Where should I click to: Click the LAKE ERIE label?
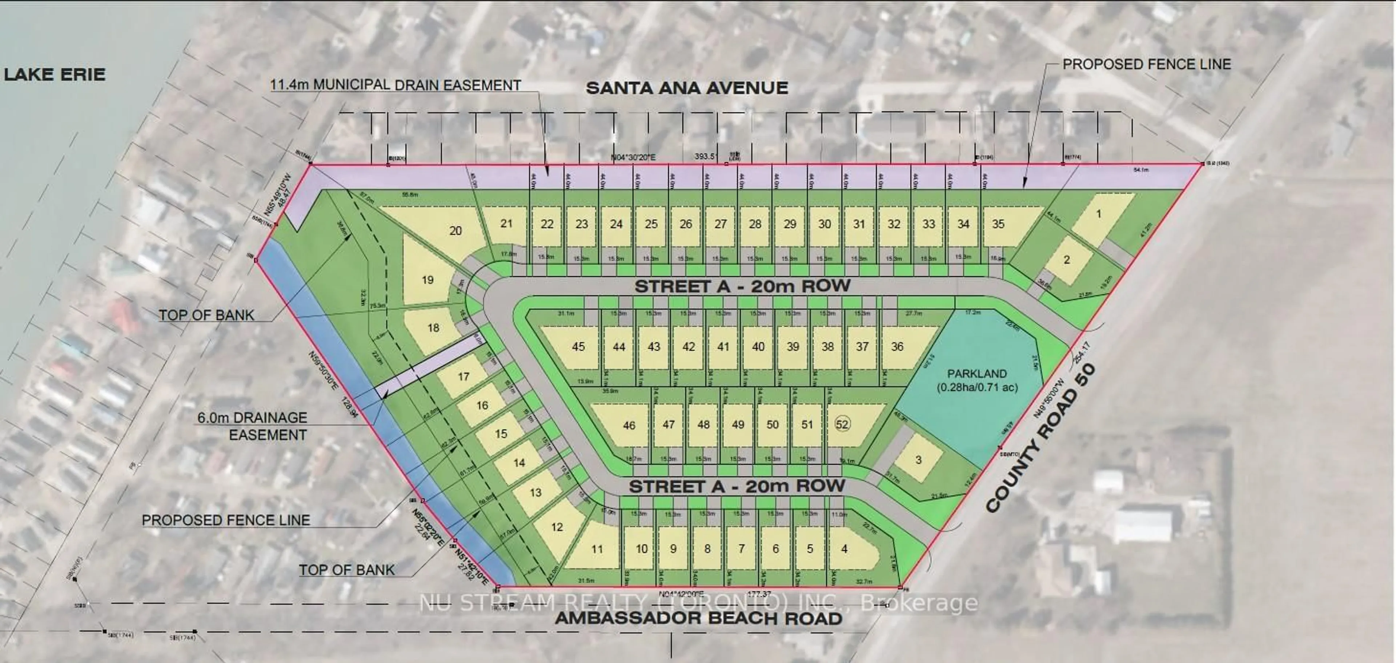(54, 74)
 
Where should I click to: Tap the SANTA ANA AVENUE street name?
(687, 88)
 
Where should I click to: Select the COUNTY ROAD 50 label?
(1042, 438)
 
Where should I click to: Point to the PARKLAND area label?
(977, 380)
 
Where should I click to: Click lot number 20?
(455, 231)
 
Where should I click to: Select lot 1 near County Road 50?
(1099, 214)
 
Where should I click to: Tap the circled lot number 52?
(842, 424)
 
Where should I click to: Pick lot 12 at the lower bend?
(557, 527)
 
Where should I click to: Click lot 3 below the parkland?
(918, 460)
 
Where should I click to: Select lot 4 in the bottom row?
(844, 549)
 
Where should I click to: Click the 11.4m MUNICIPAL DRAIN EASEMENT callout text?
(396, 85)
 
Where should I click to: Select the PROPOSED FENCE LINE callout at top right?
(1146, 64)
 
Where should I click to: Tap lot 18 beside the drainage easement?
(433, 328)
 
